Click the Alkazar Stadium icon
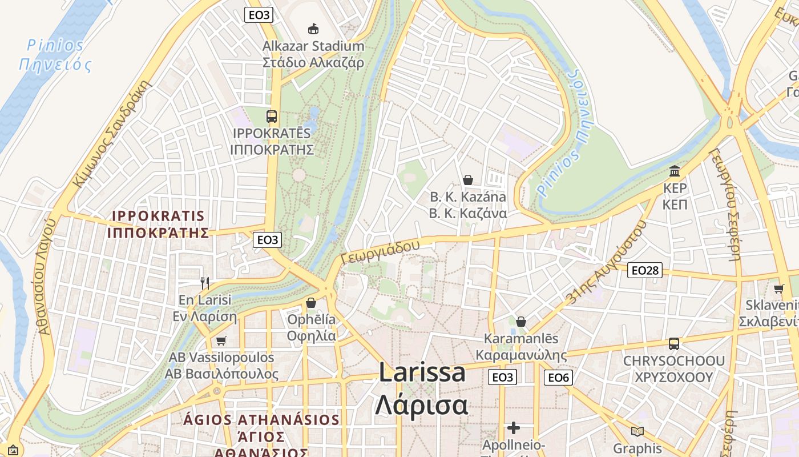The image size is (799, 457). [x=313, y=29]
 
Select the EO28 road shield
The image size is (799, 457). [x=645, y=270]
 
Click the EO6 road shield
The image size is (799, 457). [x=558, y=377]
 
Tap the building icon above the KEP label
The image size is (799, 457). [x=675, y=171]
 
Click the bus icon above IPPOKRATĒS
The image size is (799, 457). [x=272, y=117]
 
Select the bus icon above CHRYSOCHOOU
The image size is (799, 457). [x=674, y=344]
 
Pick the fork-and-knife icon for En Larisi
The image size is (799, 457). [x=205, y=282]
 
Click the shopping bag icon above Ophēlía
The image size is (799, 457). [x=311, y=302]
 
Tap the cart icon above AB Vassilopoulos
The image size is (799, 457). [x=221, y=340]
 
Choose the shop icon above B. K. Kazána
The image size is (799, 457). [x=468, y=180]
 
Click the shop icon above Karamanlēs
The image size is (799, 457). [x=520, y=322]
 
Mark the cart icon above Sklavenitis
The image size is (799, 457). [x=778, y=288]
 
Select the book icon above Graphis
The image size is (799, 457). [x=637, y=431]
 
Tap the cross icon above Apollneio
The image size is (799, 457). [x=514, y=427]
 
